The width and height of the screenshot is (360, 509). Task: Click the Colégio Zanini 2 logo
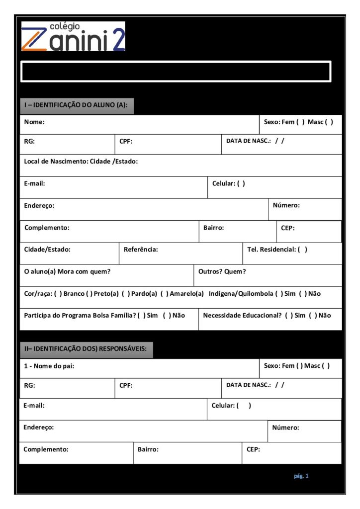pos(73,36)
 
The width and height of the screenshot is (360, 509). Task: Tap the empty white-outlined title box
pos(176,71)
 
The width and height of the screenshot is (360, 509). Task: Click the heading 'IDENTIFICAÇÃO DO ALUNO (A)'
pos(77,105)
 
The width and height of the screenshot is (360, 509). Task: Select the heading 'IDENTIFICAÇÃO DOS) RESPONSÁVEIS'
pos(86,348)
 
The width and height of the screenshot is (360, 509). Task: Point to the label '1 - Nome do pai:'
pos(50,366)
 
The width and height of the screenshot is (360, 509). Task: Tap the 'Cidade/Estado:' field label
pos(47,250)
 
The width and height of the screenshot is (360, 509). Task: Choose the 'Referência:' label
pos(141,250)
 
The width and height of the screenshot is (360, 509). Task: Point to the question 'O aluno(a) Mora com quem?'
pos(67,271)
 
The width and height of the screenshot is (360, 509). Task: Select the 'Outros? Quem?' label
pos(222,271)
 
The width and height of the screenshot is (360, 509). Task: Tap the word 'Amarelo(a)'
pos(186,294)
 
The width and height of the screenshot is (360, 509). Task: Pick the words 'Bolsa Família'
pos(114,315)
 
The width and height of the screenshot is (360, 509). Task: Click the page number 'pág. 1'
pos(301,476)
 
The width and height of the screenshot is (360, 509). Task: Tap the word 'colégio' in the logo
pos(65,26)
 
